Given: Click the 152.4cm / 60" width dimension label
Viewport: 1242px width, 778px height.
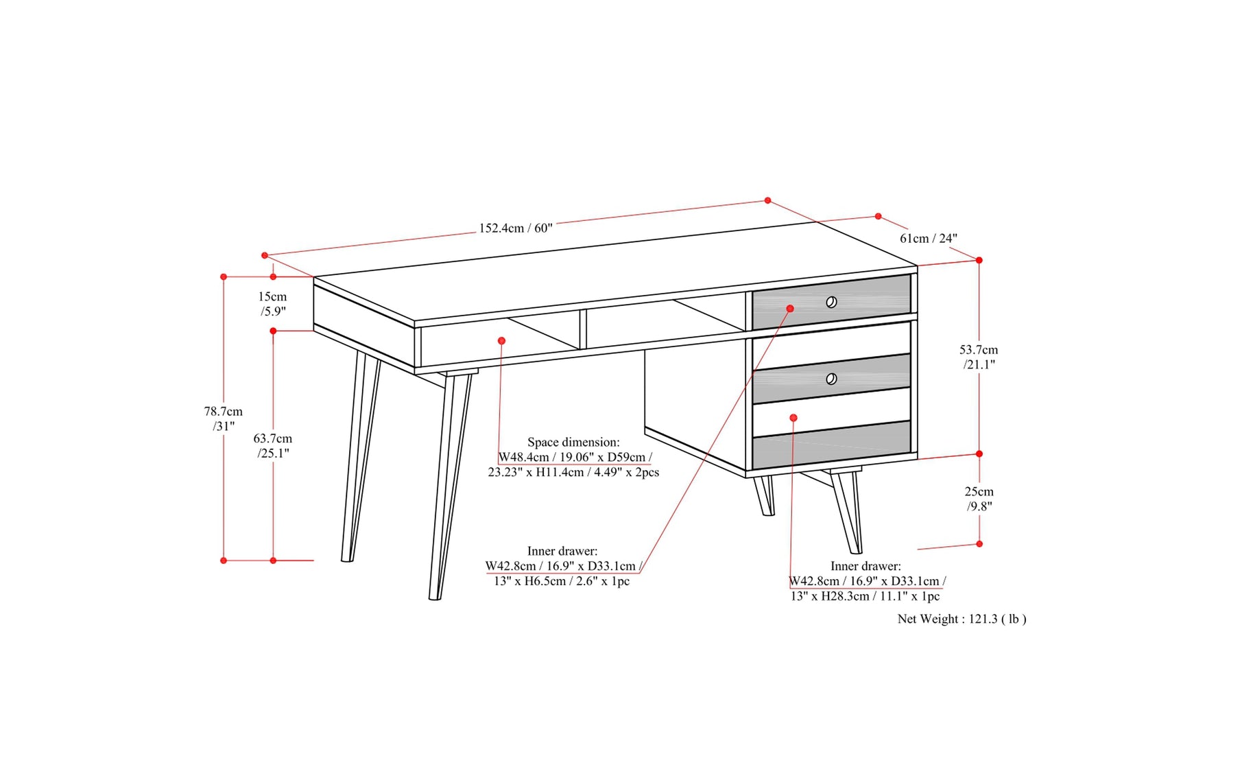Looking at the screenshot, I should tap(515, 228).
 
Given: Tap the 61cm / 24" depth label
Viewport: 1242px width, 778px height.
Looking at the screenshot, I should tap(928, 238).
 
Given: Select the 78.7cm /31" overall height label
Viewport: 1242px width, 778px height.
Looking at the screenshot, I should tap(223, 419).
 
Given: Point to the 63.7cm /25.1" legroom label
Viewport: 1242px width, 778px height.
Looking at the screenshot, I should tap(273, 445).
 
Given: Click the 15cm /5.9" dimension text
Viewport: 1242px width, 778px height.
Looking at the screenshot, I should tap(272, 304).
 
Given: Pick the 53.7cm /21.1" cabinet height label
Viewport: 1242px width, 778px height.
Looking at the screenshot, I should tap(979, 357).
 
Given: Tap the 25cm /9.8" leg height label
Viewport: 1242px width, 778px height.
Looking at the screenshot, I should tap(979, 499).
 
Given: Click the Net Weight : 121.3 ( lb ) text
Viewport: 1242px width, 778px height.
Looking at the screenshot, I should tap(962, 619).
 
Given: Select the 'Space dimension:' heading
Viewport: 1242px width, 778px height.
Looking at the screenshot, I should tap(573, 442).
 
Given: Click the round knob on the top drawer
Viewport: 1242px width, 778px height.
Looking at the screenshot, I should tap(831, 302).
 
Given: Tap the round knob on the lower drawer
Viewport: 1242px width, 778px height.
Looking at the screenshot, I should tap(831, 379).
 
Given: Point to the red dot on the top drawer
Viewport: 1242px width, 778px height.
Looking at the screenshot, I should tap(790, 309).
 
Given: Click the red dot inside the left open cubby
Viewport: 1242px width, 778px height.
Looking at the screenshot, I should tap(501, 341).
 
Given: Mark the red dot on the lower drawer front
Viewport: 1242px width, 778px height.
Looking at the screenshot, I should tap(793, 418).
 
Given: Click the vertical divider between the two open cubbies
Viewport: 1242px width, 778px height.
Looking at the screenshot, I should tap(583, 329).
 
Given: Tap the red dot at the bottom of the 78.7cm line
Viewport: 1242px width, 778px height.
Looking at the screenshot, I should tap(224, 561).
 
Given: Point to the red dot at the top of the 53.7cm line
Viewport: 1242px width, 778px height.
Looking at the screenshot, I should tap(979, 260).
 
